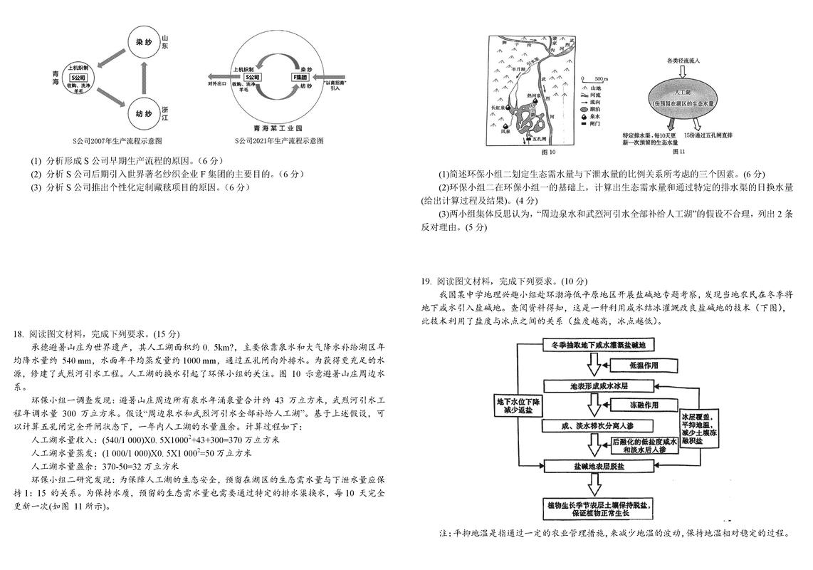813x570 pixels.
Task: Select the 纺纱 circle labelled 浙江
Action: tap(144, 113)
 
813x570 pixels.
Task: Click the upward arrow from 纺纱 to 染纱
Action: tap(145, 78)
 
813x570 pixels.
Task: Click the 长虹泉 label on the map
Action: tap(498, 108)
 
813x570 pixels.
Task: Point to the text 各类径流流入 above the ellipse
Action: tap(683, 61)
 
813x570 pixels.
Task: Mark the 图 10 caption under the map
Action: tap(548, 152)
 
